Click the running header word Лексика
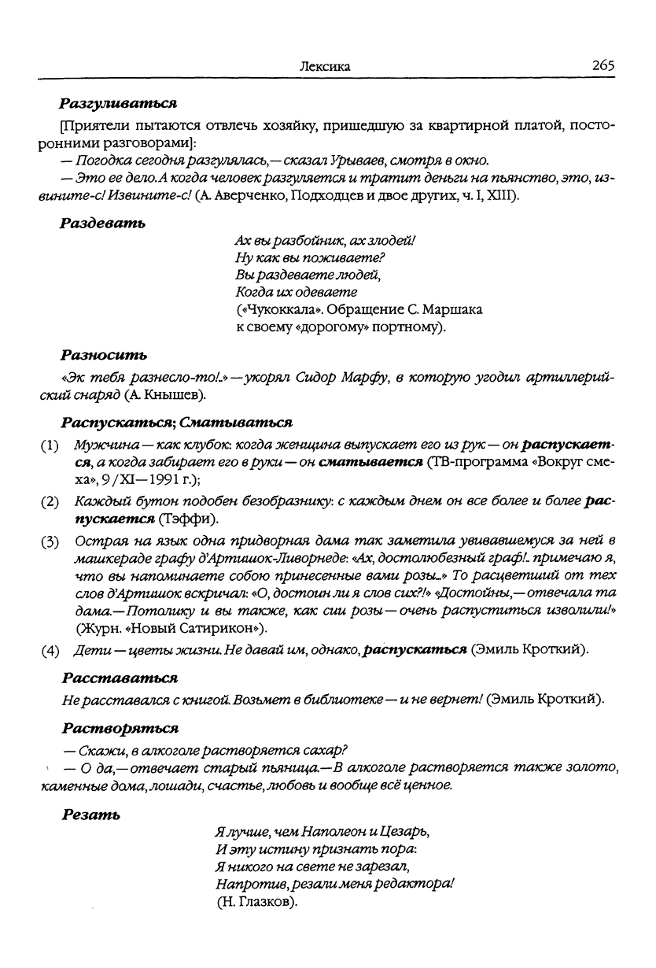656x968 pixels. (x=325, y=68)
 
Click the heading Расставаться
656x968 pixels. (x=119, y=676)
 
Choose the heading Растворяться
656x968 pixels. (x=119, y=725)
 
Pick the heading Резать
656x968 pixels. (x=90, y=815)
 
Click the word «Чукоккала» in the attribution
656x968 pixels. (x=272, y=309)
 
